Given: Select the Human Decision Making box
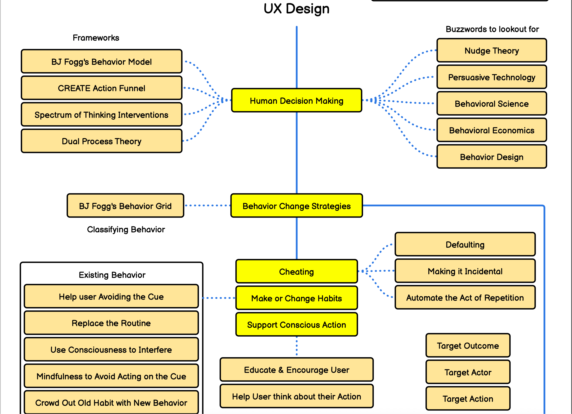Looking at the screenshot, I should pyautogui.click(x=297, y=100).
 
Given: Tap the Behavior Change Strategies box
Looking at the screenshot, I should pyautogui.click(x=297, y=206).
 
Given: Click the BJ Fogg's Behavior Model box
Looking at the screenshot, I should pyautogui.click(x=101, y=62).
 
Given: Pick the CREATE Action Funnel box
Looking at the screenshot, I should pyautogui.click(x=101, y=88).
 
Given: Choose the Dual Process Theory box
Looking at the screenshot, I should pyautogui.click(x=101, y=141).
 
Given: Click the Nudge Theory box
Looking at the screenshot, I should pyautogui.click(x=491, y=51).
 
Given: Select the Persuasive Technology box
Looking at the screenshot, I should pyautogui.click(x=491, y=77).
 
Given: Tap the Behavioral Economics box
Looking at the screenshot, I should pyautogui.click(x=491, y=130).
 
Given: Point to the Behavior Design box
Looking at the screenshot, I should pyautogui.click(x=491, y=157).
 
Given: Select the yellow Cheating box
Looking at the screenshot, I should pyautogui.click(x=297, y=271).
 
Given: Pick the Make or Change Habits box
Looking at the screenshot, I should pyautogui.click(x=297, y=298).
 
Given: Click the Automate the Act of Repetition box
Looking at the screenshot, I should pyautogui.click(x=465, y=297).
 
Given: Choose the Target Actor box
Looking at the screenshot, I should pyautogui.click(x=468, y=372).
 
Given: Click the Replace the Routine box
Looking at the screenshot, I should pyautogui.click(x=111, y=323).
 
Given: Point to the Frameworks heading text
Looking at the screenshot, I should pyautogui.click(x=96, y=38).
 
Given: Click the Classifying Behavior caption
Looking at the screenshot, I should pyautogui.click(x=126, y=229).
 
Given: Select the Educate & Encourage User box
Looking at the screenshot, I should pyautogui.click(x=297, y=370).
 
